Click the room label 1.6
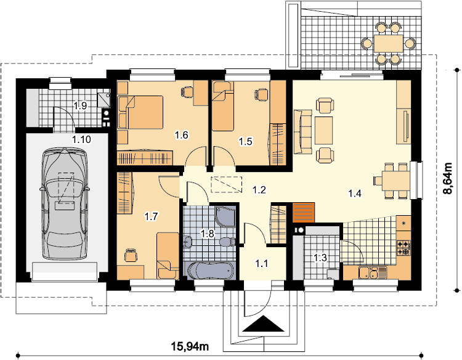(x=182, y=136)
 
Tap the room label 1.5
(x=245, y=142)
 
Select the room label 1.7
(x=151, y=217)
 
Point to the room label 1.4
(x=355, y=194)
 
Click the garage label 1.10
(x=81, y=139)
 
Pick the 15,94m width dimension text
(x=190, y=346)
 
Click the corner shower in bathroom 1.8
(x=225, y=217)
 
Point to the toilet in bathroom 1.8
(x=228, y=242)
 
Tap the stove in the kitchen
(x=403, y=248)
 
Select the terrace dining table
(x=389, y=43)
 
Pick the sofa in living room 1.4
(x=302, y=131)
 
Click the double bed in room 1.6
(x=140, y=112)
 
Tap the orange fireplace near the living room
(x=303, y=212)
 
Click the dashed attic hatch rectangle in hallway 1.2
(x=227, y=184)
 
